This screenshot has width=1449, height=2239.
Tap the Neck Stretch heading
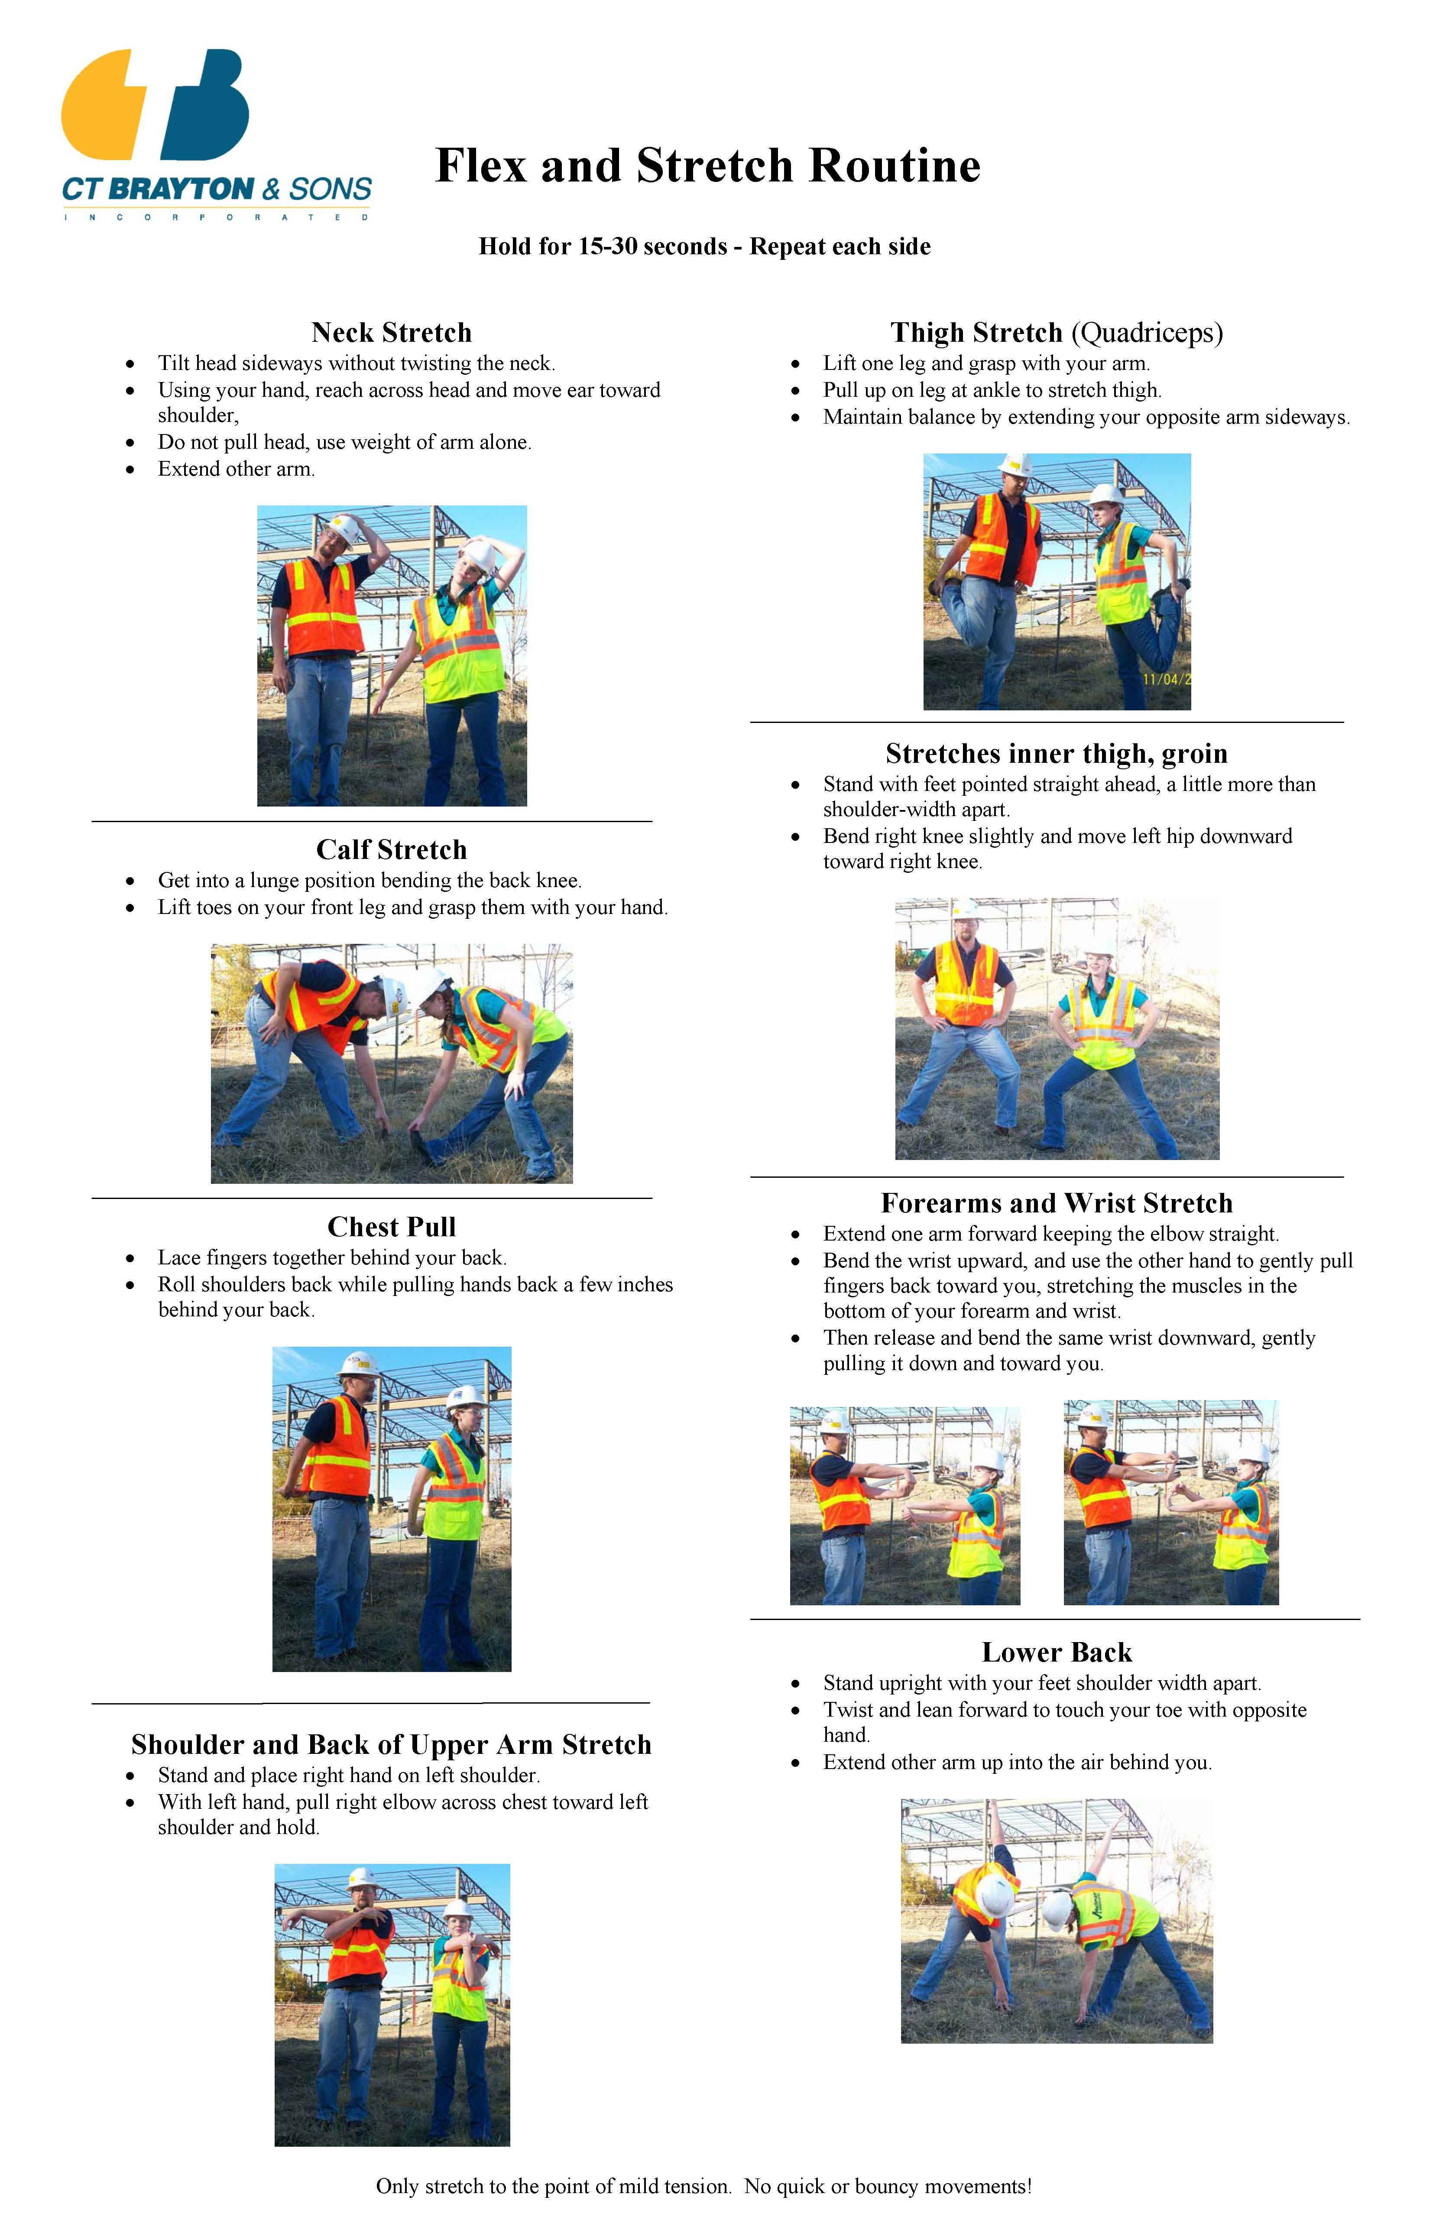point(392,333)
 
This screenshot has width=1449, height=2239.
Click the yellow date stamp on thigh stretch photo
point(1167,679)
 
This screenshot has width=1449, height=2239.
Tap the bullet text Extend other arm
point(236,470)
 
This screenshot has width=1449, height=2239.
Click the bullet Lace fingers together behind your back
point(332,1258)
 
